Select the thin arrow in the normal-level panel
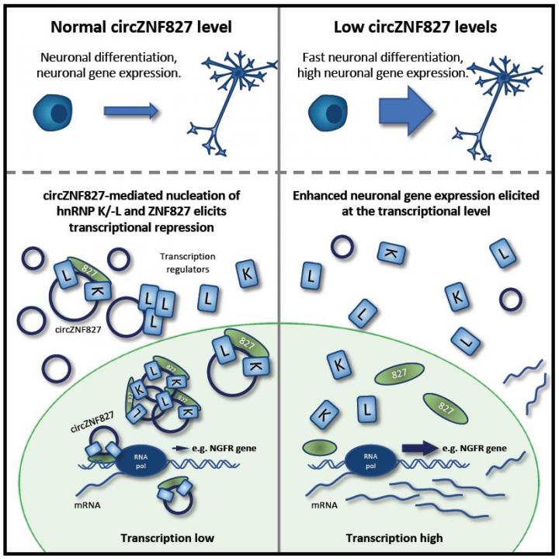click(131, 112)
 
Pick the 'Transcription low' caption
click(141, 539)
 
